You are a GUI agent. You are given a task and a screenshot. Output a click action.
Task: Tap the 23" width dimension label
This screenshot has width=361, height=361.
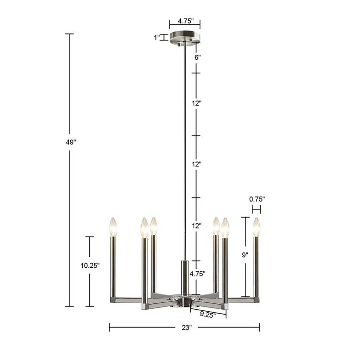[186, 328]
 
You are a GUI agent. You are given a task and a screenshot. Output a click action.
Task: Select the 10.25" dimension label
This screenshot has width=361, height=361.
[89, 266]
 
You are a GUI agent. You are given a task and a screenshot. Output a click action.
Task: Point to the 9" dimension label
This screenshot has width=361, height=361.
[245, 255]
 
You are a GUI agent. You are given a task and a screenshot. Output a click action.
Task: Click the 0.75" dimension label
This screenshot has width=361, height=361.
[256, 198]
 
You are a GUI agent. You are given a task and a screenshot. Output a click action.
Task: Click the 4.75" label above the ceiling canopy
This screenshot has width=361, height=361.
[185, 22]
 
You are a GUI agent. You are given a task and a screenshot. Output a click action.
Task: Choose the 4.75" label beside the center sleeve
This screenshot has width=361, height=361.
[197, 274]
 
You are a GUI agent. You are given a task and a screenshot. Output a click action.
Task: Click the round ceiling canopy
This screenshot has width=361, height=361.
[185, 39]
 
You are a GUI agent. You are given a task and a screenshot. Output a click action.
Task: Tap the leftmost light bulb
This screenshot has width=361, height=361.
[113, 227]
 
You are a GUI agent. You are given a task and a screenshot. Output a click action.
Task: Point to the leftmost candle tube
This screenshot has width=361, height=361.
[113, 265]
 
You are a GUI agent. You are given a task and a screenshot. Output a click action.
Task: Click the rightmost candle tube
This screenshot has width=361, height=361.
[256, 265]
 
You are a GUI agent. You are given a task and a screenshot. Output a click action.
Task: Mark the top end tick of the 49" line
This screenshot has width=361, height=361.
[69, 34]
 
